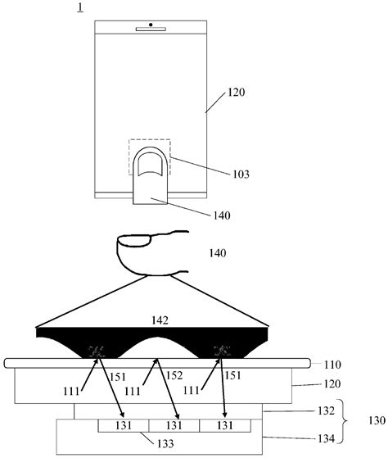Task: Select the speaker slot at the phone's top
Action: point(151,29)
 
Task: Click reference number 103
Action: point(239,175)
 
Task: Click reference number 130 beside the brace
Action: point(375,425)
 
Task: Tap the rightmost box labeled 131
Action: point(226,426)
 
